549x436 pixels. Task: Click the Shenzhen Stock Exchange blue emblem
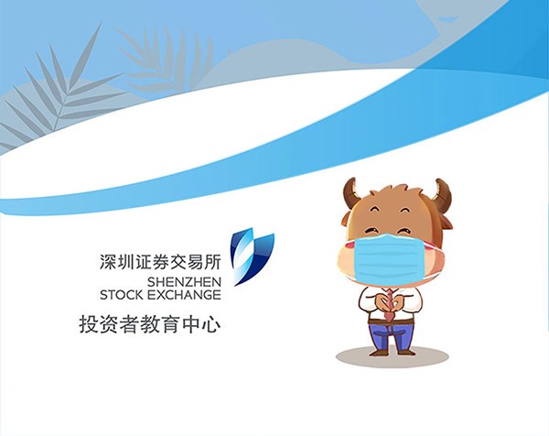pyautogui.click(x=253, y=256)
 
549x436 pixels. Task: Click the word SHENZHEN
pyautogui.click(x=184, y=282)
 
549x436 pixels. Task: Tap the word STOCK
pyautogui.click(x=122, y=295)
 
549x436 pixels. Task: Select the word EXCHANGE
pyautogui.click(x=184, y=295)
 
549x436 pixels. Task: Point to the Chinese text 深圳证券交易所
pyautogui.click(x=160, y=262)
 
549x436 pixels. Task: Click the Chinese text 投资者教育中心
pyautogui.click(x=150, y=324)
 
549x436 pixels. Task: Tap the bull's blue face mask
pyautogui.click(x=390, y=259)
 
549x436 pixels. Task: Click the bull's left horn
pyautogui.click(x=350, y=192)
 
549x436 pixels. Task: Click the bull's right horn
pyautogui.click(x=443, y=194)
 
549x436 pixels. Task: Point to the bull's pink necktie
pyautogui.click(x=390, y=305)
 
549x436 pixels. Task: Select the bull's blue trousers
pyautogui.click(x=391, y=336)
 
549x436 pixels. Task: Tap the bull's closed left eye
pyautogui.click(x=375, y=210)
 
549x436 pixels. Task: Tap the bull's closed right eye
pyautogui.click(x=408, y=211)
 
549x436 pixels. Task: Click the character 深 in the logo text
pyautogui.click(x=107, y=262)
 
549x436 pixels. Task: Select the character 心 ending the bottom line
pyautogui.click(x=211, y=324)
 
